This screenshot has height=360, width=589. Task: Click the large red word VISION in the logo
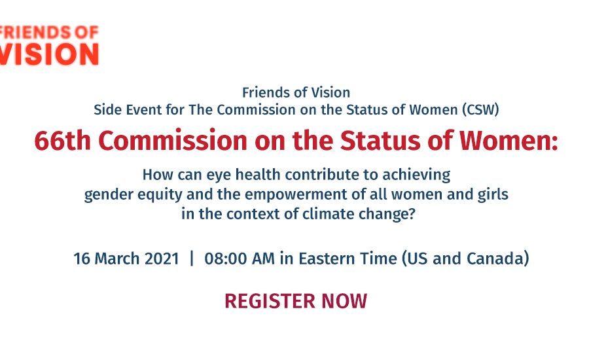[49, 54]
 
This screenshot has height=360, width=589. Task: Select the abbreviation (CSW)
[480, 110]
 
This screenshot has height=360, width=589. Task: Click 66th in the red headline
[62, 141]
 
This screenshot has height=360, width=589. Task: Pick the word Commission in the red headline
[173, 141]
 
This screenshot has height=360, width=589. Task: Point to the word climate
[328, 214]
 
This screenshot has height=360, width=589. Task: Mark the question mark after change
[412, 214]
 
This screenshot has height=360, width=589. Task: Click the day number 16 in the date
[82, 259]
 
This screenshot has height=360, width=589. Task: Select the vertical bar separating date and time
[192, 259]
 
